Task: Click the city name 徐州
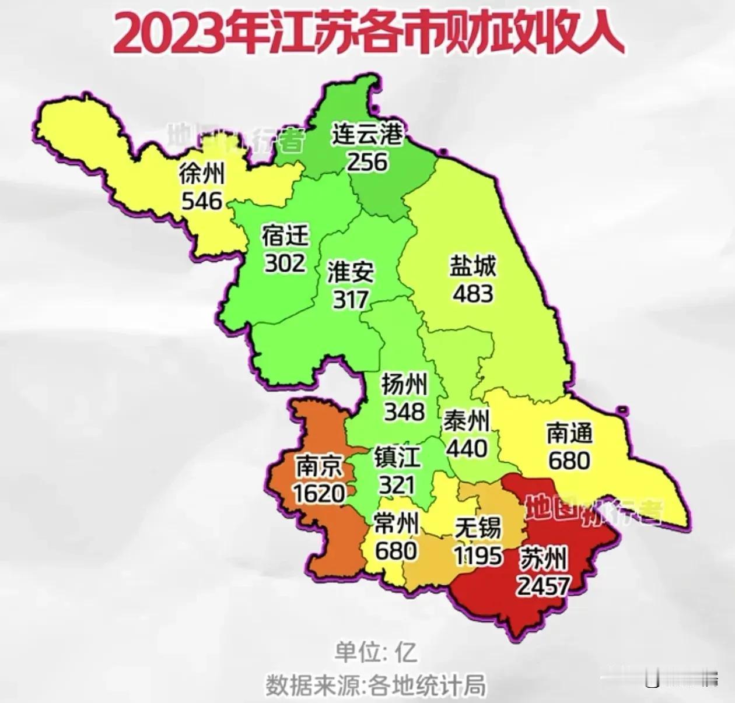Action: click(x=202, y=173)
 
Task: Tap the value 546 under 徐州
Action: click(x=202, y=201)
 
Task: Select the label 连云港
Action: click(x=367, y=135)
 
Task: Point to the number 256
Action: click(x=367, y=162)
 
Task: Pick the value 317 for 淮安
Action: click(x=351, y=300)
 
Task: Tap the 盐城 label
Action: click(x=473, y=266)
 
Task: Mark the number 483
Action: click(x=473, y=293)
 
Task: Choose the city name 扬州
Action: click(x=404, y=384)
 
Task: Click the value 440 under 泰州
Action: click(x=467, y=448)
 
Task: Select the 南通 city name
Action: click(x=569, y=433)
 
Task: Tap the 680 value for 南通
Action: click(x=569, y=461)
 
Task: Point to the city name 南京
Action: click(x=319, y=466)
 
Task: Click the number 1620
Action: click(x=319, y=494)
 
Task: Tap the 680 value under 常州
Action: click(x=396, y=551)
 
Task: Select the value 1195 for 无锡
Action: click(x=478, y=556)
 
